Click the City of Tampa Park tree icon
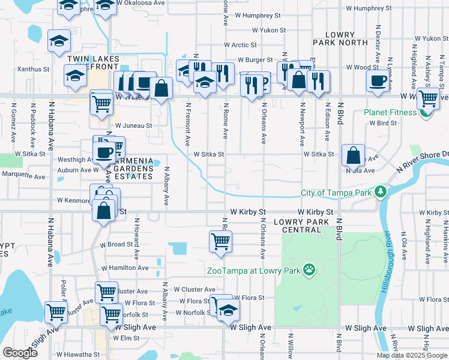point(380,193)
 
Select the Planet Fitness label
point(391,112)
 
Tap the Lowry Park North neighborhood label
point(340,39)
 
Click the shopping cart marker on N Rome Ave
point(220,242)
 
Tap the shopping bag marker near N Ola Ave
point(354,155)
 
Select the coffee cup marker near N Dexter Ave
point(378,80)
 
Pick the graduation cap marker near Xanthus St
point(75,76)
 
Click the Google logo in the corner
point(20,353)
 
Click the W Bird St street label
point(384,122)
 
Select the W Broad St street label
point(116,245)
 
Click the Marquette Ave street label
point(23,177)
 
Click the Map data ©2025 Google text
point(411,355)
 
